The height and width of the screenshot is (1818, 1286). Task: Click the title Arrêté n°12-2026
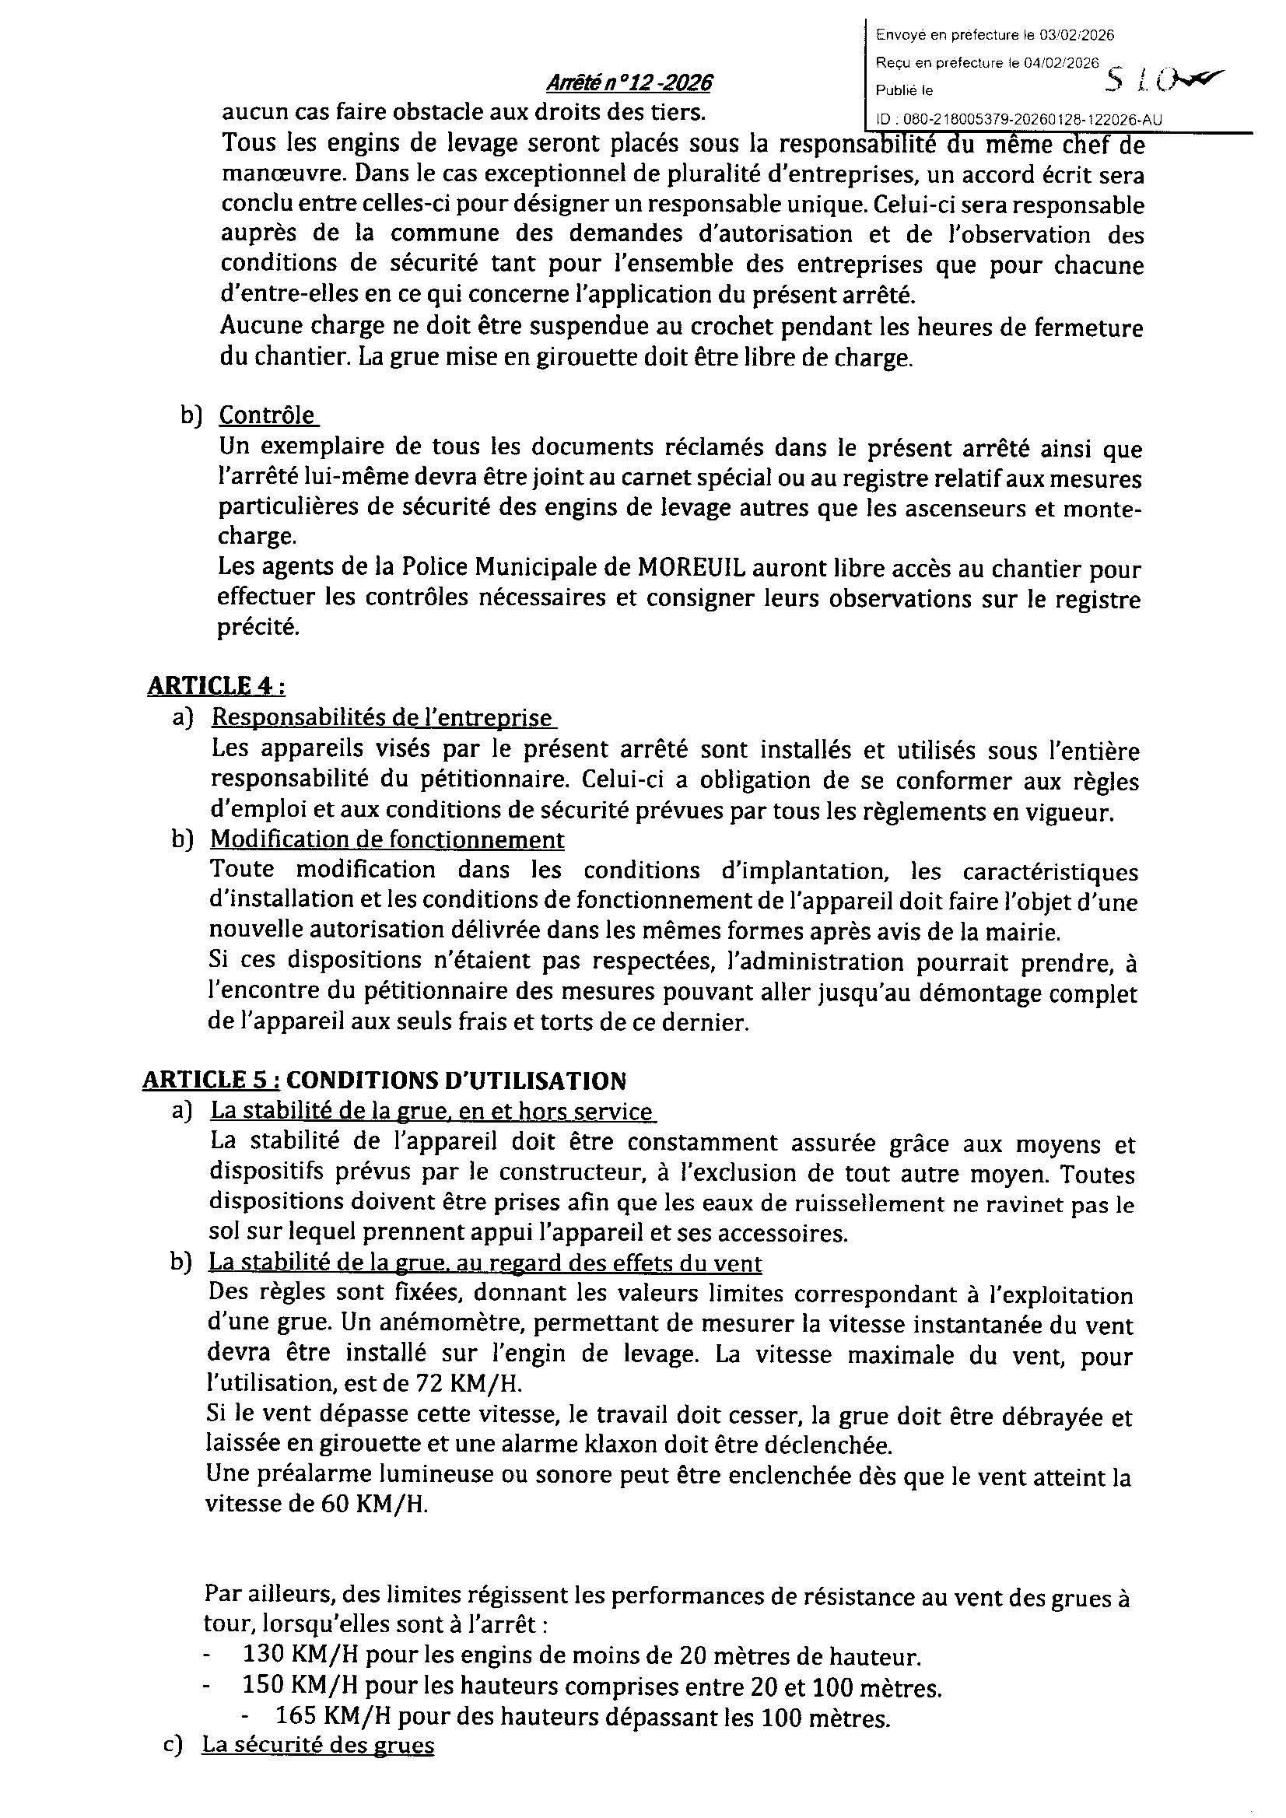click(x=629, y=83)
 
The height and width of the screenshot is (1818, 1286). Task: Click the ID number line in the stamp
click(x=1019, y=120)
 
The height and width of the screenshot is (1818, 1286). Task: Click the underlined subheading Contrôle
click(x=267, y=415)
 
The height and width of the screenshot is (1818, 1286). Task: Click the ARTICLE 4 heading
click(x=216, y=685)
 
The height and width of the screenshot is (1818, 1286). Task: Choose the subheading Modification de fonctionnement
click(x=387, y=839)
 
